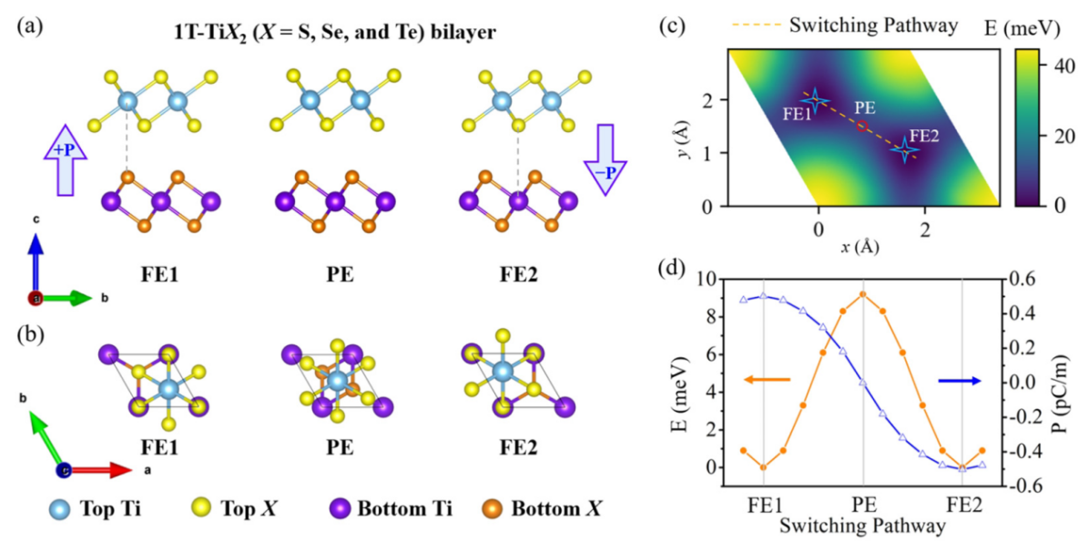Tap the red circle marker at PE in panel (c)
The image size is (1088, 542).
[861, 126]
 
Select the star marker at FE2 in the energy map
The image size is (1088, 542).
[905, 150]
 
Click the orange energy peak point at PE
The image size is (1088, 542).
[862, 293]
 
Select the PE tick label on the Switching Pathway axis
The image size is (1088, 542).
[862, 503]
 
